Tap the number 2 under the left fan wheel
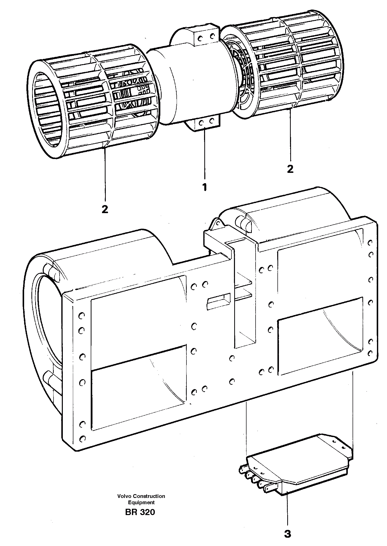(105, 209)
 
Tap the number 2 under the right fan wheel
(290, 169)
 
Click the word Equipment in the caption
(141, 502)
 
